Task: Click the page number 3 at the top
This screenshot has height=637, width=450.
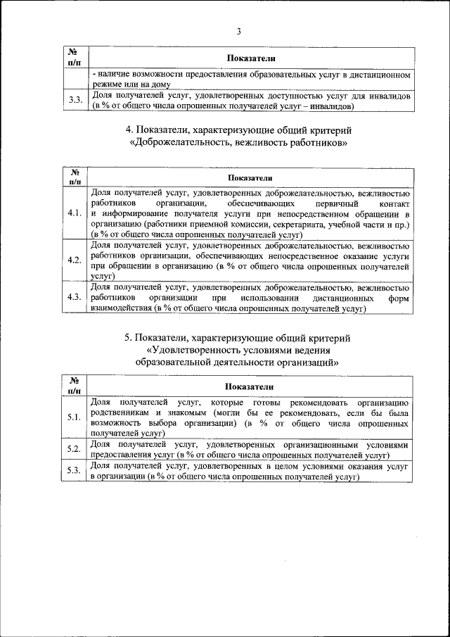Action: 238,32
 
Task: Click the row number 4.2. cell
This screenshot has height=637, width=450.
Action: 75,260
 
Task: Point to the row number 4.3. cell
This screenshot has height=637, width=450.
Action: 75,298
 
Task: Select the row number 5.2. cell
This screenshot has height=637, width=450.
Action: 75,450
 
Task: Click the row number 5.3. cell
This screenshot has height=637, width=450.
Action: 75,471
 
